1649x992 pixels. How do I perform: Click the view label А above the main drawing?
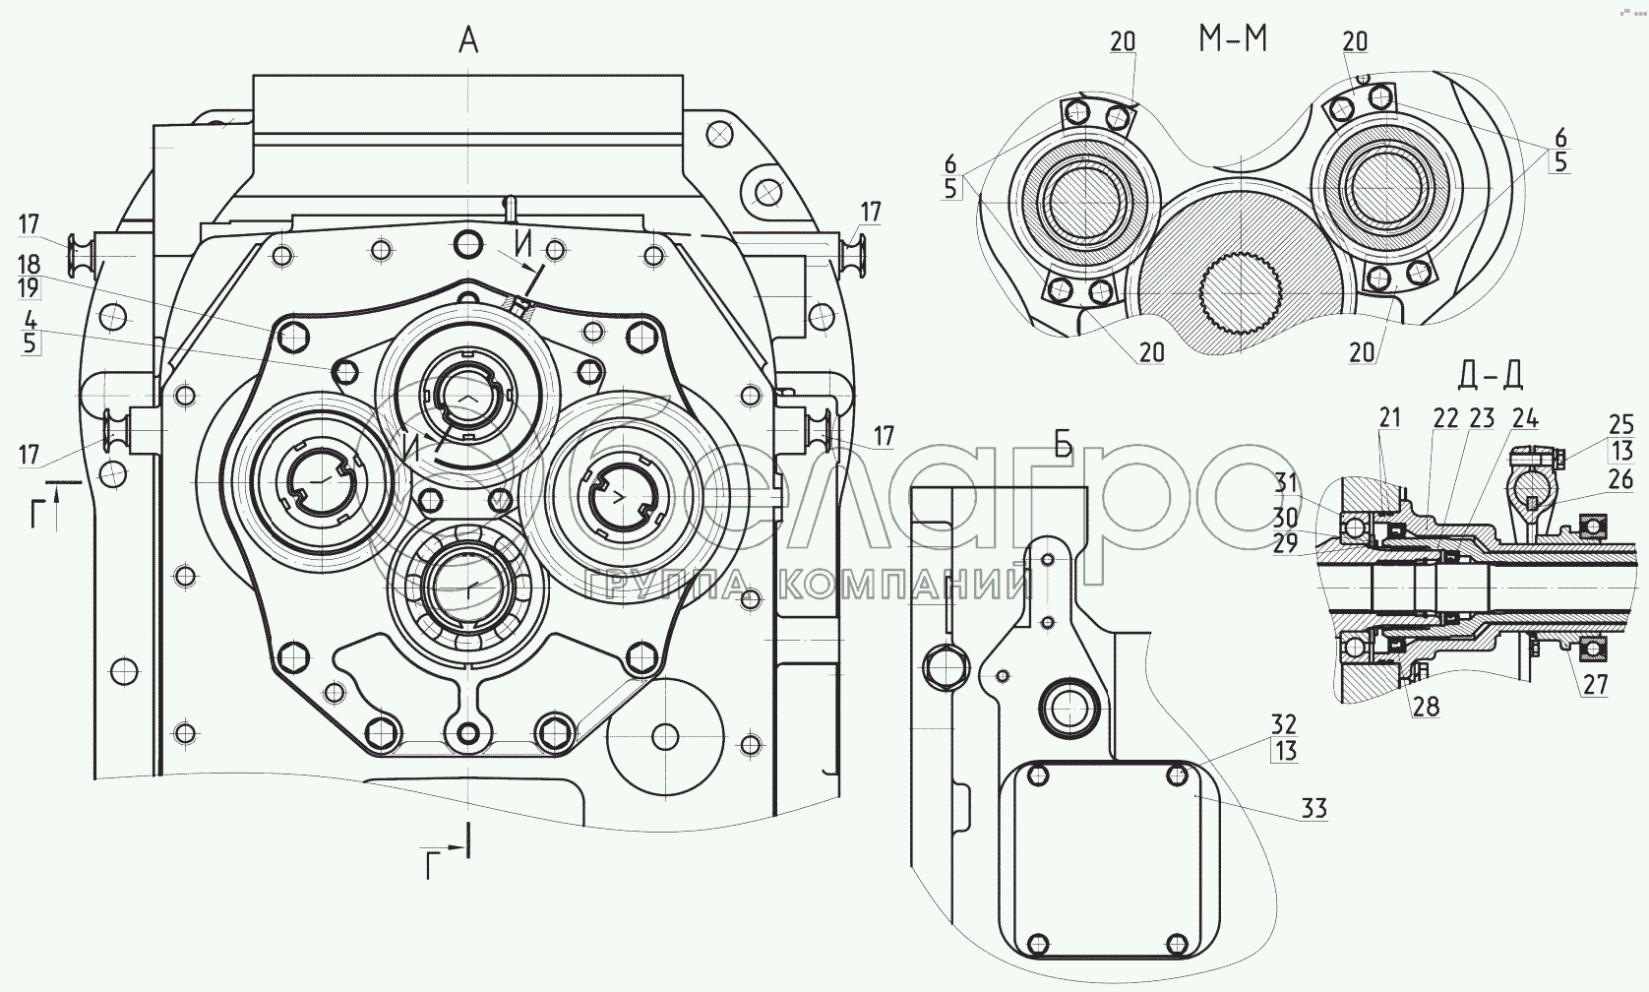click(x=468, y=42)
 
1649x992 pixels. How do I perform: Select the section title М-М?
click(x=1233, y=38)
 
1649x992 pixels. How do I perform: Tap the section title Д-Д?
click(x=1491, y=375)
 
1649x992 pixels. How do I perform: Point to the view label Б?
click(x=1064, y=445)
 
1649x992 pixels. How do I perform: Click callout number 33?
click(x=1313, y=809)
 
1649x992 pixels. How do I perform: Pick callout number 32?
click(x=1284, y=724)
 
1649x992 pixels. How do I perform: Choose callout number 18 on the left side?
click(x=30, y=264)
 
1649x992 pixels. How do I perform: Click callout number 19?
click(x=30, y=287)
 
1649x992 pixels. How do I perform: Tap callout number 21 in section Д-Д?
click(x=1388, y=418)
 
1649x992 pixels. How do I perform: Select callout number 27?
click(x=1594, y=685)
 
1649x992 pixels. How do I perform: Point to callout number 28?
click(x=1424, y=706)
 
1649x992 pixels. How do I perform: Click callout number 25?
click(x=1620, y=425)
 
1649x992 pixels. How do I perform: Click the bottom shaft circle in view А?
click(x=462, y=591)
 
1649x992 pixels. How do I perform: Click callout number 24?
click(x=1525, y=418)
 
